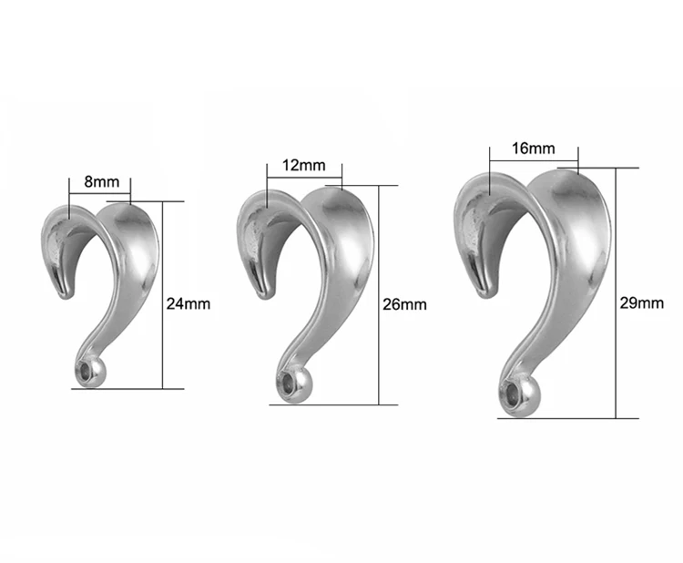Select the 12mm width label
coord(303,166)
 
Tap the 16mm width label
coord(533,148)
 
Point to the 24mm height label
coord(189,303)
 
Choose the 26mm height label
coord(404,304)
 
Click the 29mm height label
coord(642,302)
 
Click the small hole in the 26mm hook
coord(288,385)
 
